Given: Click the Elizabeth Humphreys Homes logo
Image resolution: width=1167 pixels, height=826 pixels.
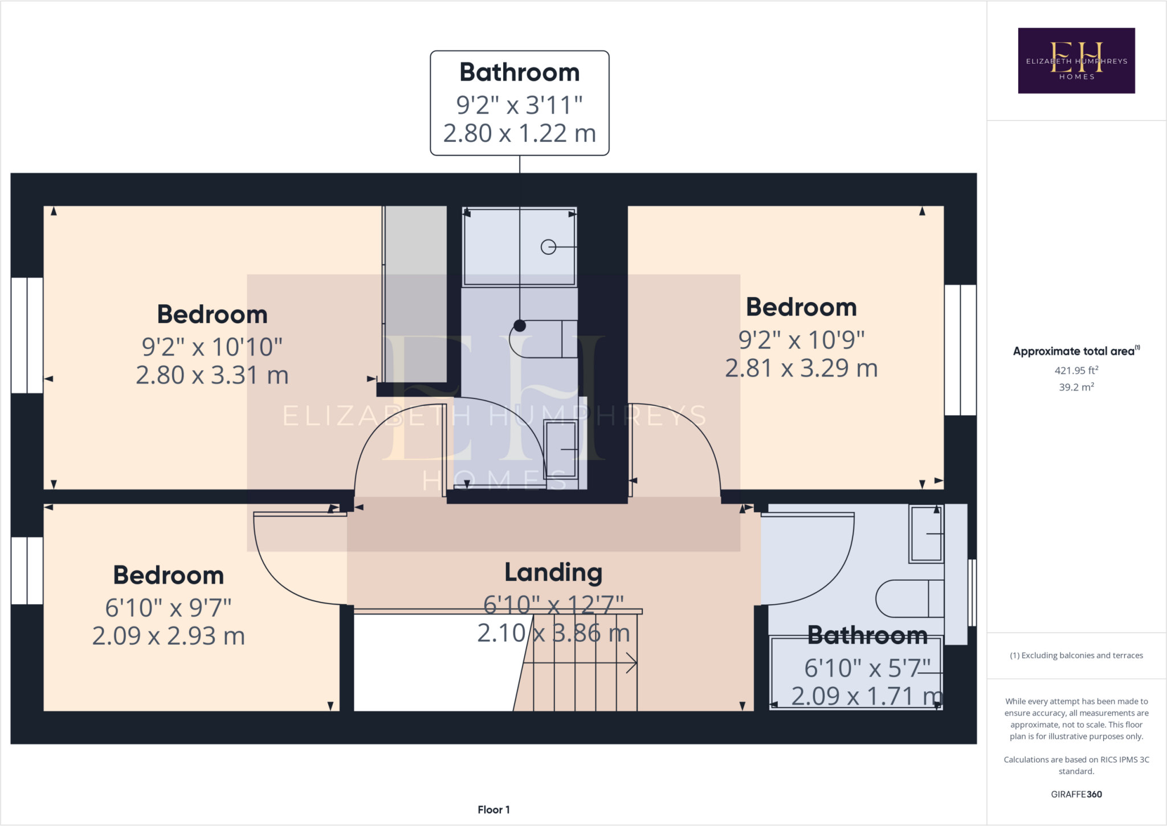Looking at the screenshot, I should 1076,60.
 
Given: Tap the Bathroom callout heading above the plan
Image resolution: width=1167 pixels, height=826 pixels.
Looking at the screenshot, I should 519,72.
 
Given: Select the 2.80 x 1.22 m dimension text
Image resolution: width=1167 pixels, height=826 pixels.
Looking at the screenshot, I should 519,133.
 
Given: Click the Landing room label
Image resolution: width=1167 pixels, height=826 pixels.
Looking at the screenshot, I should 553,572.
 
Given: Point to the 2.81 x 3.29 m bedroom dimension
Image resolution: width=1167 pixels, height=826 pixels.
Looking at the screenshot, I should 801,368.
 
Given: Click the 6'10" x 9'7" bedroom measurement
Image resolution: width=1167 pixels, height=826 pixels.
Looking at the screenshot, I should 168,608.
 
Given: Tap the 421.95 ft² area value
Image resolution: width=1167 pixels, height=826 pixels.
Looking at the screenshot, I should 1076,370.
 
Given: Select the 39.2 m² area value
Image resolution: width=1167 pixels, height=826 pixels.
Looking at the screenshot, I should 1076,387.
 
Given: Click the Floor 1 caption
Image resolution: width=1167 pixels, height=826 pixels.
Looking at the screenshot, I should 493,809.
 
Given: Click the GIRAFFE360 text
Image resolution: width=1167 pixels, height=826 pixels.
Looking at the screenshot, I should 1076,794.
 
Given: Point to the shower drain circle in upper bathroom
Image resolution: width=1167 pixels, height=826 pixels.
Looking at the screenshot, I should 548,247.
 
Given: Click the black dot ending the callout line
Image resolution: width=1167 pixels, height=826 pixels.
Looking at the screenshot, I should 520,325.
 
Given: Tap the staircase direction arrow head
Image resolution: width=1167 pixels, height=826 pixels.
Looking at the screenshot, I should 633,663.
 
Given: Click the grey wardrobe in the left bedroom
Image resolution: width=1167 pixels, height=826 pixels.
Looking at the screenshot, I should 415,294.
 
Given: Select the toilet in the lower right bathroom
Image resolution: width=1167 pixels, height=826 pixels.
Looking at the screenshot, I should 908,599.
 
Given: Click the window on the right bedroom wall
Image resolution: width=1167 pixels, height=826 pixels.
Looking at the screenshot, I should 960,349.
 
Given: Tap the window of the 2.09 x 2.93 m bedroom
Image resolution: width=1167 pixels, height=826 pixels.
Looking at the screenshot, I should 27,570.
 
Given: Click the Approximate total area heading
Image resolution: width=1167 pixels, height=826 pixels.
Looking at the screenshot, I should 1076,351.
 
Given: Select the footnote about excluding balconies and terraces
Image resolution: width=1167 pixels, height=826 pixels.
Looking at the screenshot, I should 1076,656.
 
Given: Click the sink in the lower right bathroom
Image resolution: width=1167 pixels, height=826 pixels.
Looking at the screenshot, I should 926,534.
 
